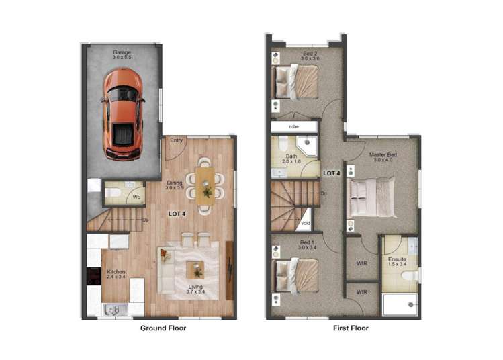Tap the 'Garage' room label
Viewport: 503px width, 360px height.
click(122, 52)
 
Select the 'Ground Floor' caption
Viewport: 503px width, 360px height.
click(163, 328)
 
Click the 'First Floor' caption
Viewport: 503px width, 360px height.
click(351, 328)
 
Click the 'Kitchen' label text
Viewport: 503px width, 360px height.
click(116, 272)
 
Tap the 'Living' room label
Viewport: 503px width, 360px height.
click(195, 287)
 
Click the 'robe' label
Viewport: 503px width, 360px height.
click(294, 126)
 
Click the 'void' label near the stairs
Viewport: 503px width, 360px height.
click(306, 222)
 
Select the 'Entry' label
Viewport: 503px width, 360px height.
click(177, 140)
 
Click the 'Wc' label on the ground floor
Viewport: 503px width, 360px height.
click(136, 197)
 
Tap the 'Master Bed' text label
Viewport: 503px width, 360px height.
click(383, 155)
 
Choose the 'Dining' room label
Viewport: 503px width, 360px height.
click(175, 183)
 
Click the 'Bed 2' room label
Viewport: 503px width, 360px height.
click(309, 53)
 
